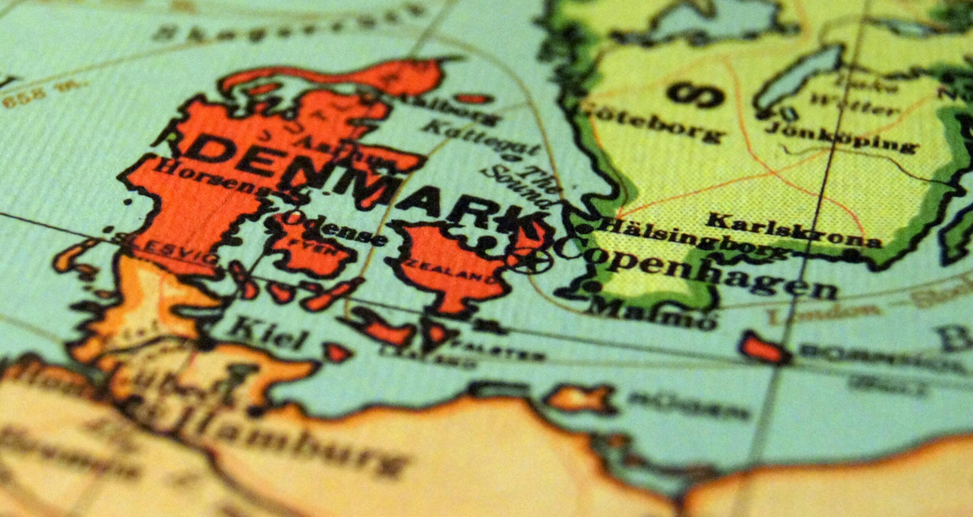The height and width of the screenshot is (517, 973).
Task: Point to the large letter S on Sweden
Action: pyautogui.click(x=696, y=93)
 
